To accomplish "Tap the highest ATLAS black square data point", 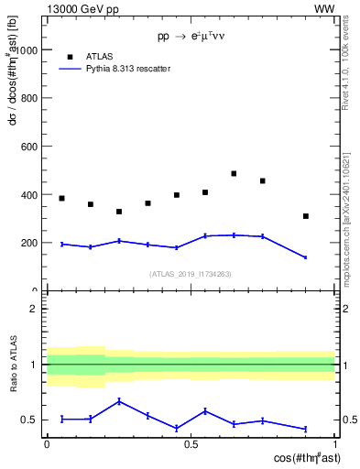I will point(234,173).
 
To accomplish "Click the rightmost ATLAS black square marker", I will point(306,216).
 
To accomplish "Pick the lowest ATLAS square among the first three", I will point(119,212).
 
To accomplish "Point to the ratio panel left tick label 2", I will point(34,309).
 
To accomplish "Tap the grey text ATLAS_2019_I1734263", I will point(191,274).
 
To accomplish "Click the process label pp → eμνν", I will point(191,38).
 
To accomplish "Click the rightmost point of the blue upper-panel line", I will point(306,257).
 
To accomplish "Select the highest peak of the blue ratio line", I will point(119,401).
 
